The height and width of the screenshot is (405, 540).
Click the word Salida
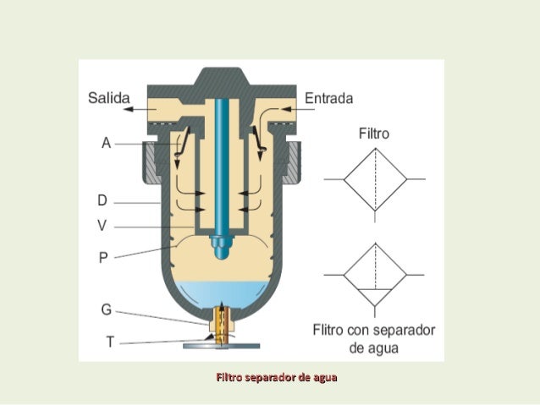click(x=109, y=98)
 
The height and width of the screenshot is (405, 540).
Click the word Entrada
click(x=329, y=98)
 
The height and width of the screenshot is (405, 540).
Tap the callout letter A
click(x=106, y=143)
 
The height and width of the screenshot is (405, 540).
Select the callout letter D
click(x=102, y=200)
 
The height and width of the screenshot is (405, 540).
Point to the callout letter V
click(x=102, y=226)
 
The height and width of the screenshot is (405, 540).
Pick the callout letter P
click(x=103, y=257)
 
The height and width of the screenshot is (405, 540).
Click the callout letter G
click(x=107, y=309)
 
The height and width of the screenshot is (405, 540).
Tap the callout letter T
click(x=110, y=342)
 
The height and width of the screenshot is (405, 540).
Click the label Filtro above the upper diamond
click(x=374, y=134)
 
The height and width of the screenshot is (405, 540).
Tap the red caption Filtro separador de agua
click(x=277, y=377)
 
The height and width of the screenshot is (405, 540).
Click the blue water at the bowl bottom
click(x=222, y=294)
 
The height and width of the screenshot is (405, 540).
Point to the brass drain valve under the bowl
click(x=222, y=326)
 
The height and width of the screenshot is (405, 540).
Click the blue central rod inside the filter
click(x=222, y=168)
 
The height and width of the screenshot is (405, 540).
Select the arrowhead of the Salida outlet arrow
click(x=129, y=109)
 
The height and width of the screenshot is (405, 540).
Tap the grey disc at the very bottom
click(x=222, y=346)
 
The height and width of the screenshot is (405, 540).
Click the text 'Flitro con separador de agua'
click(x=374, y=339)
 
